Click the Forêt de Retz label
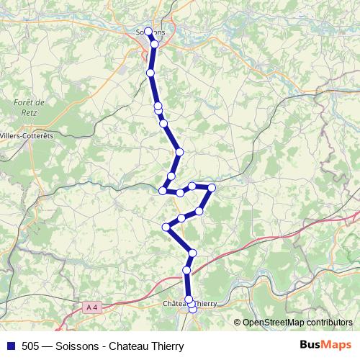[29, 107]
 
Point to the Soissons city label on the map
[150, 32]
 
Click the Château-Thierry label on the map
[190, 304]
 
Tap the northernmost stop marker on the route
[148, 31]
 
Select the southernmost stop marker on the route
[192, 309]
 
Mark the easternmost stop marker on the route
[212, 187]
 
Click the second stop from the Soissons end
[154, 44]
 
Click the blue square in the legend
[9, 346]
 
